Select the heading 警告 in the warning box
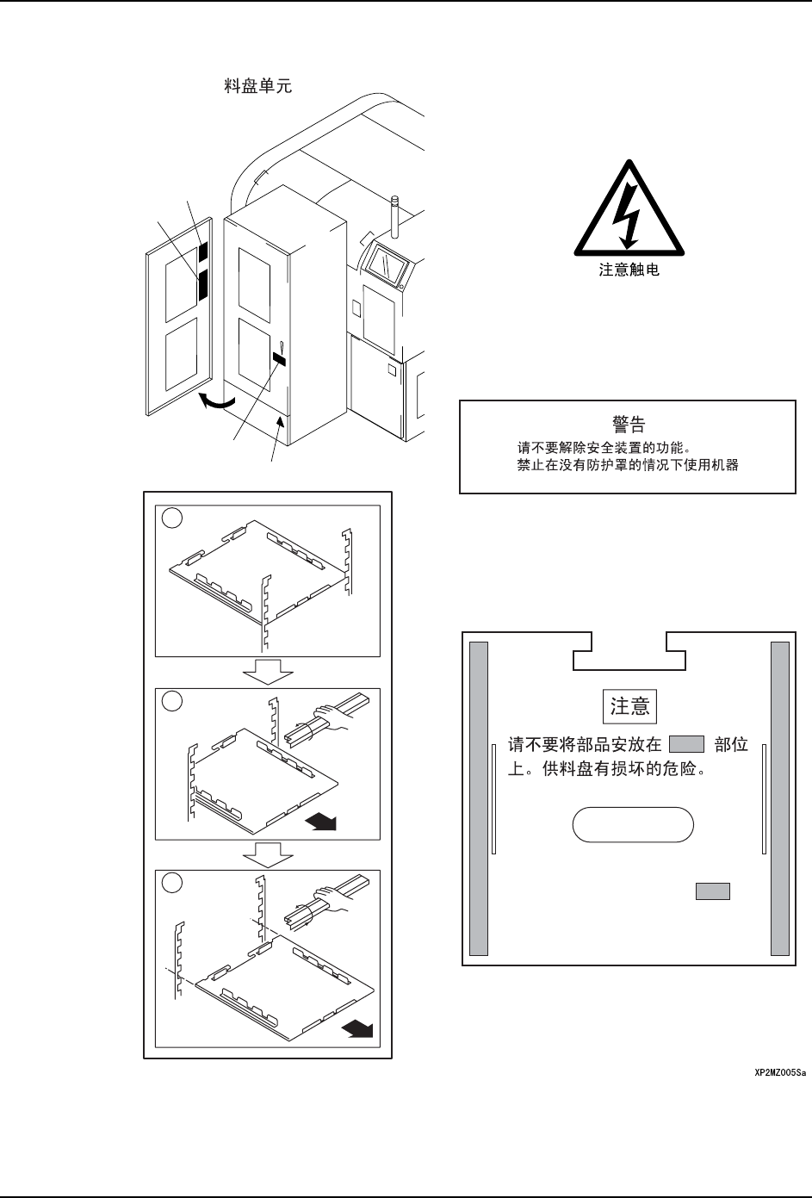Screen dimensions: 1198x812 pyautogui.click(x=628, y=424)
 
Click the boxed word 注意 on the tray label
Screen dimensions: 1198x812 pyautogui.click(x=629, y=706)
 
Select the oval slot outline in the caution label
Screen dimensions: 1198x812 pyautogui.click(x=633, y=823)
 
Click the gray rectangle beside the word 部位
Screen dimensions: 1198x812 pyautogui.click(x=686, y=745)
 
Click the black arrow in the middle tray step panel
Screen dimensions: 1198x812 pyautogui.click(x=320, y=822)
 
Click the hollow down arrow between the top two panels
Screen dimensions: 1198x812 pyautogui.click(x=268, y=671)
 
